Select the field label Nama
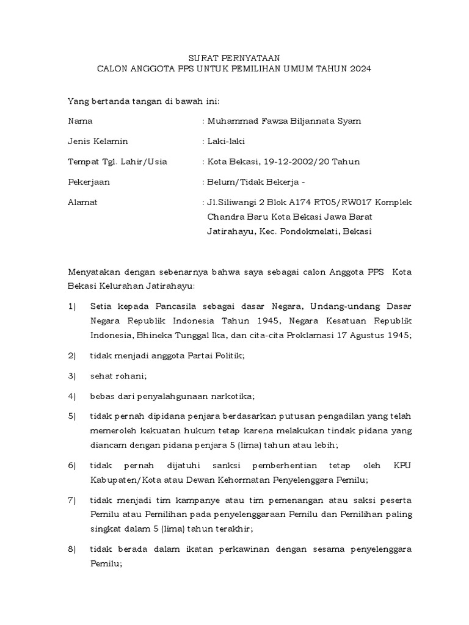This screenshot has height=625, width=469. (80, 121)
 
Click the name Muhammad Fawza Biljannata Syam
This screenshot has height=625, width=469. (284, 121)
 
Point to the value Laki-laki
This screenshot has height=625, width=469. (226, 142)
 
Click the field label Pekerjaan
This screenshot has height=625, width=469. (89, 182)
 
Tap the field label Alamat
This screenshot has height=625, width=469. (82, 202)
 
